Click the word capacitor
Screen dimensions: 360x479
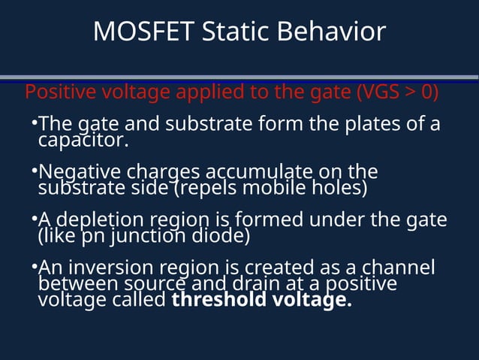click(83, 140)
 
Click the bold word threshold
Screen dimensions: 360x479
click(216, 301)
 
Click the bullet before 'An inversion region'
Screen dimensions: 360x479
click(34, 267)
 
